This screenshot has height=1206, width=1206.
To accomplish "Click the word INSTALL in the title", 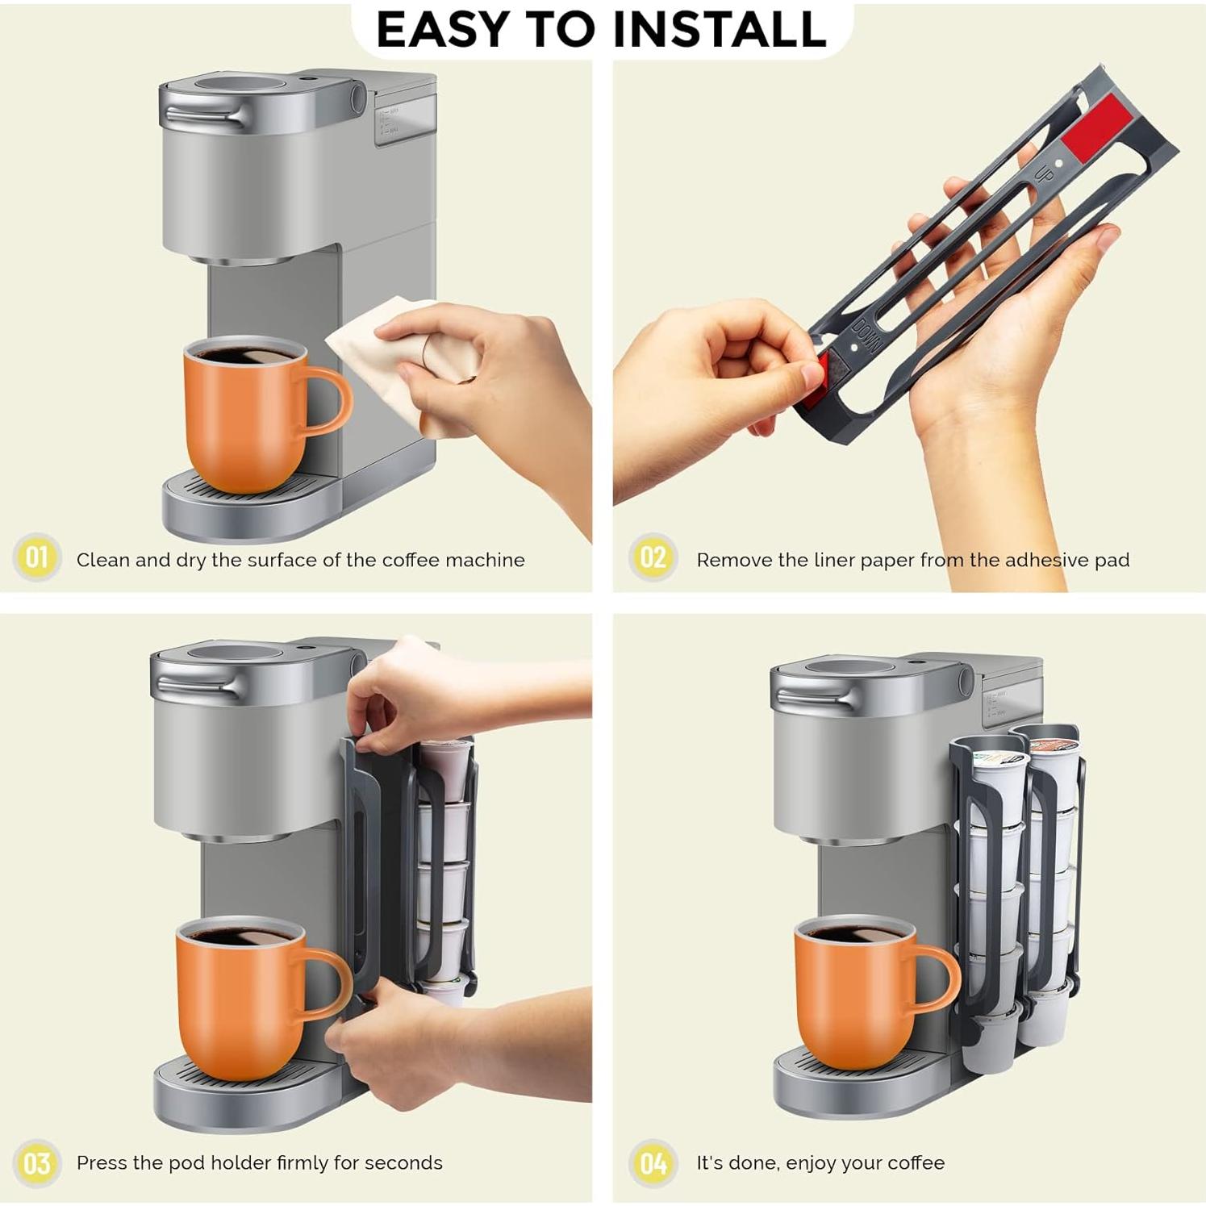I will coord(719,30).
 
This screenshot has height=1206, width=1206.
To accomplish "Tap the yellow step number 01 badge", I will coord(36,557).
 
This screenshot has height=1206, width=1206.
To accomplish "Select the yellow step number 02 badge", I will coord(652,557).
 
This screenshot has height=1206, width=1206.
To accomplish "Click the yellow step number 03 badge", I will coord(36,1163).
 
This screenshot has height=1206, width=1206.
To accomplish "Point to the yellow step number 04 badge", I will coord(652,1163).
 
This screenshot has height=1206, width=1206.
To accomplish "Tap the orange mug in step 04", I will coord(855,1000).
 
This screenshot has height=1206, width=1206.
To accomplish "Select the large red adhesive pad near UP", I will coord(1095,127).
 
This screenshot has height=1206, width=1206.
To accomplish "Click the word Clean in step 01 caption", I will coord(102,560).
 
